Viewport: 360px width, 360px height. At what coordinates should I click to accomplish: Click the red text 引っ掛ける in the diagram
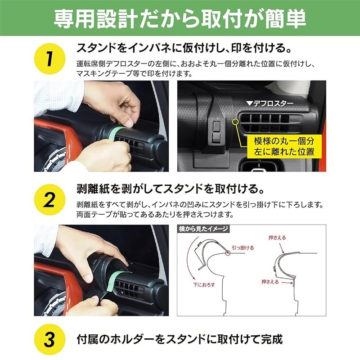(243, 247)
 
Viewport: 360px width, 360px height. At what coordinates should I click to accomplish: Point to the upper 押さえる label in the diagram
(277, 238)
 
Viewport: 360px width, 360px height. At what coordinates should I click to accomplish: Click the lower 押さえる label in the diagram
(270, 282)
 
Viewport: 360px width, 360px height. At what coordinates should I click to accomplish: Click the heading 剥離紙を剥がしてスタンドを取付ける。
(170, 187)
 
